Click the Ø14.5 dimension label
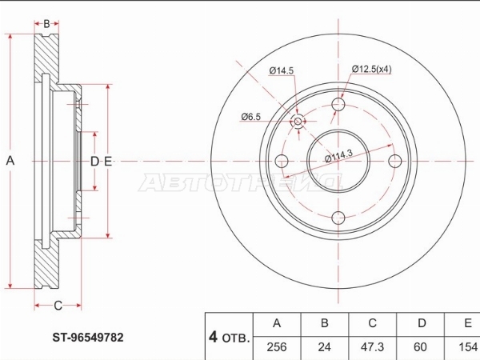click(x=281, y=70)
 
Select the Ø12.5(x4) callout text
click(x=371, y=69)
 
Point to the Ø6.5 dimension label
click(x=250, y=117)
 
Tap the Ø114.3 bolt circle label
click(x=338, y=155)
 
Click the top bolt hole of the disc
click(x=338, y=105)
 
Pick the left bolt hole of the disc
click(x=282, y=161)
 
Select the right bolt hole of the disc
click(x=395, y=161)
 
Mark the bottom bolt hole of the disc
click(x=338, y=218)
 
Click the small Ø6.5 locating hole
click(x=298, y=122)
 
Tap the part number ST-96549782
click(x=88, y=338)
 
